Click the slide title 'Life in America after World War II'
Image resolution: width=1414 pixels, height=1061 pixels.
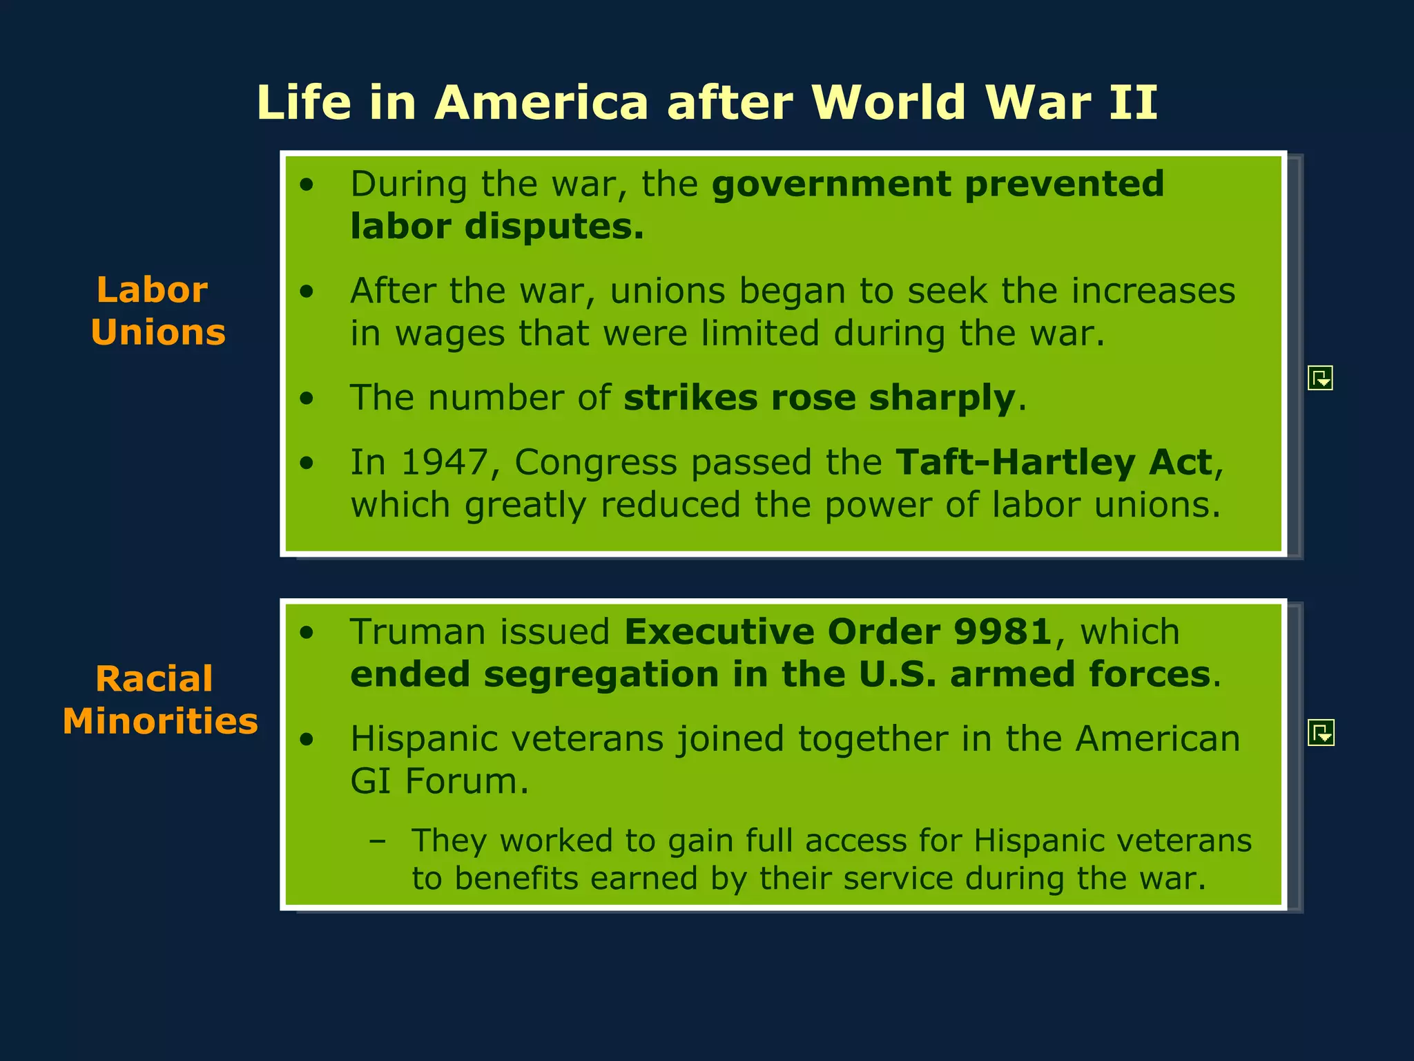[707, 102]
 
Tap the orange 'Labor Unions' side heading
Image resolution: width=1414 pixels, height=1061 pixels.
[157, 311]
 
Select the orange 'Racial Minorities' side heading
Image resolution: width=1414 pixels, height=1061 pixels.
[159, 700]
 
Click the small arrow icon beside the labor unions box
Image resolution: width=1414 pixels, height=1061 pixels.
[1320, 378]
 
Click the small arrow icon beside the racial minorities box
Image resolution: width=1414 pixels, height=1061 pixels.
[1321, 733]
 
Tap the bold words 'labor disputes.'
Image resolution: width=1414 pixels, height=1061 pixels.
[496, 227]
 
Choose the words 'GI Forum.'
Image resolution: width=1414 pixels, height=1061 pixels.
[439, 781]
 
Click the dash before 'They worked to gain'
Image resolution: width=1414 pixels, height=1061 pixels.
[377, 841]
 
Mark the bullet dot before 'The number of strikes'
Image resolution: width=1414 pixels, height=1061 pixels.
[307, 399]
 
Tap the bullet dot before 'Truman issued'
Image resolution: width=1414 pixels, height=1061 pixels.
[307, 633]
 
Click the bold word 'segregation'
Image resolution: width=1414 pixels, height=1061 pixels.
[601, 674]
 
